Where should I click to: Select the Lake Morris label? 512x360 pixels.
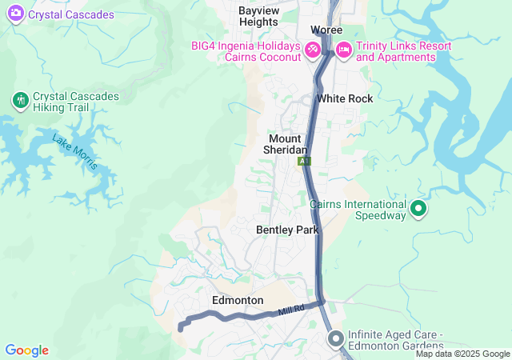pos(74,153)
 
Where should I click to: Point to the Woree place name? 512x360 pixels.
pos(326,30)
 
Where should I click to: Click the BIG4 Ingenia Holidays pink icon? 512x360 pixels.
pos(313,50)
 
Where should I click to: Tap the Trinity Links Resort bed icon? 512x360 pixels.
pos(343,50)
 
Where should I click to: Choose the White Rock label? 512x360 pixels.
pos(345,98)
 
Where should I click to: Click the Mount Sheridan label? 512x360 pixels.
pos(286,144)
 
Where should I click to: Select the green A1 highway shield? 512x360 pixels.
pos(304,161)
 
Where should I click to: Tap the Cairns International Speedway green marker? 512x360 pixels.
pos(418,210)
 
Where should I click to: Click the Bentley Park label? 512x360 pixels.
pos(287,230)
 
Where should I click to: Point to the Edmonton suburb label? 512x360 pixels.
pos(238,300)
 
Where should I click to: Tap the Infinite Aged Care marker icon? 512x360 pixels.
pos(335,339)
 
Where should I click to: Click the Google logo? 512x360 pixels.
pos(26,350)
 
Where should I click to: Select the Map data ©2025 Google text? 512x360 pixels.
pos(462,354)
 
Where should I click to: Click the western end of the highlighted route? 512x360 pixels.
pos(181,327)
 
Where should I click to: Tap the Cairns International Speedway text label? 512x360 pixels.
pos(358,210)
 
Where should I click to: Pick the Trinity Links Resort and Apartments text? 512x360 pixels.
pos(403,51)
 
